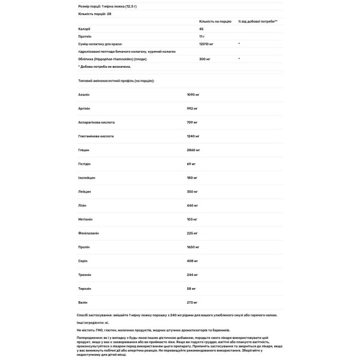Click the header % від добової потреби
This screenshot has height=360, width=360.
(x=257, y=20)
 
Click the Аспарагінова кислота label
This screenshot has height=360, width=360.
(x=89, y=122)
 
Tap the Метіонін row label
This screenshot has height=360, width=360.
(x=79, y=221)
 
